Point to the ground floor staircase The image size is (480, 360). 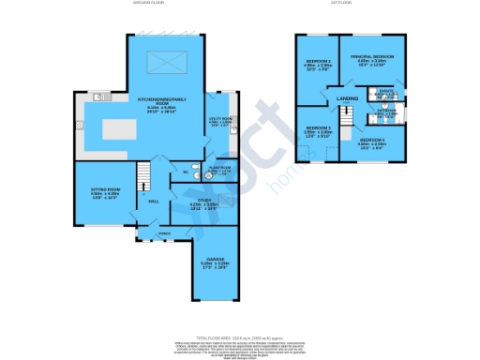(143, 175)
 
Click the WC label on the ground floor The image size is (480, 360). (186, 172)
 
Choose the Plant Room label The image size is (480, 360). (219, 170)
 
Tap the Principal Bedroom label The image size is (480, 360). (372, 58)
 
